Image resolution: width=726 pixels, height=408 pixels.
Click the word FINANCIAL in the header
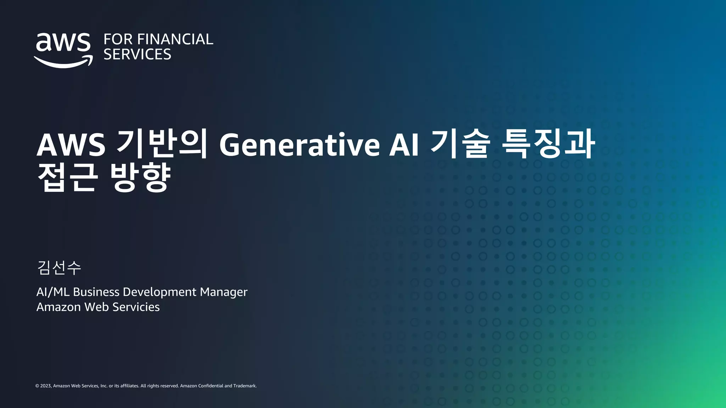[175, 39]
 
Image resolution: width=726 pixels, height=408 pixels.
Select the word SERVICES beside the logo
[137, 55]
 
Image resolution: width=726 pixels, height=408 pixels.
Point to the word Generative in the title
[300, 144]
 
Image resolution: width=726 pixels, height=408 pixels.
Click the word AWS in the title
[71, 144]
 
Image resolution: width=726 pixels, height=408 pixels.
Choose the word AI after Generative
[404, 144]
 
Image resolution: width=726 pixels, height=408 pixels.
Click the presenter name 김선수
[59, 267]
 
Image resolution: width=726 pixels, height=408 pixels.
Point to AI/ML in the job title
[53, 292]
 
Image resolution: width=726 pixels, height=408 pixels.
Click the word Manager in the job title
[224, 292]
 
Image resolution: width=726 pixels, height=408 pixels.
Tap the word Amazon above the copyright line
[58, 307]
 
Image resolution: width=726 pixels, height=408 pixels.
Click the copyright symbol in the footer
[37, 386]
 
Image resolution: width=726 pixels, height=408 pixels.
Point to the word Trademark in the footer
[245, 386]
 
